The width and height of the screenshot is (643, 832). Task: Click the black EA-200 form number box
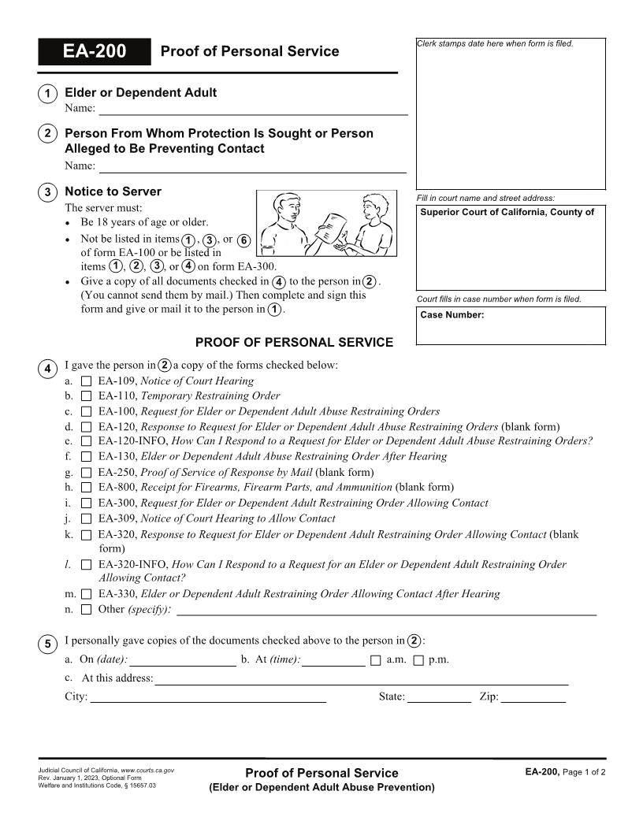[x=94, y=52]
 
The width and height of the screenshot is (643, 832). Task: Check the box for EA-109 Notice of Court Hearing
[x=86, y=381]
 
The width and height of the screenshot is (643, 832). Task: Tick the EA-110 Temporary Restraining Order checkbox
[x=86, y=396]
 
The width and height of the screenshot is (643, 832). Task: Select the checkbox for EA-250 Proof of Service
[x=86, y=473]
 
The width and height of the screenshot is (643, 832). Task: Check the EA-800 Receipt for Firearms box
[x=86, y=488]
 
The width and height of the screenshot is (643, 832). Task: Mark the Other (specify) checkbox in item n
[x=86, y=610]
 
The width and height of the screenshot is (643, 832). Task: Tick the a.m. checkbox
[x=375, y=660]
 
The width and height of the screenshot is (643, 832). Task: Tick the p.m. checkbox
[x=418, y=660]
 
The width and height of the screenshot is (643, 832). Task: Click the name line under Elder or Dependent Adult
[x=252, y=109]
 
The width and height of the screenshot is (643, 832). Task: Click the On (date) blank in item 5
[x=183, y=660]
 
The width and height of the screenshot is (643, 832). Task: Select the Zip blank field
[x=533, y=696]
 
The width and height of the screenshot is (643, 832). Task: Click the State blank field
[x=439, y=696]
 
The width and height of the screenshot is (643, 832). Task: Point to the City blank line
[x=208, y=696]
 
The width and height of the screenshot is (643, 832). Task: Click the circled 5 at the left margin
[x=47, y=644]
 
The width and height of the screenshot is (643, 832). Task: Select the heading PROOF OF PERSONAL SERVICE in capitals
[x=294, y=342]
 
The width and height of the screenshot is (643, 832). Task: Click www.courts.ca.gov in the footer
[x=147, y=769]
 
